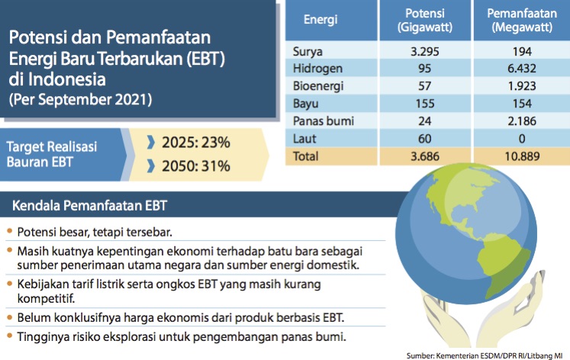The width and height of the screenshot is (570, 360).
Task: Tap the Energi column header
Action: click(x=321, y=21)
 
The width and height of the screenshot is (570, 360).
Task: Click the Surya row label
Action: click(x=308, y=52)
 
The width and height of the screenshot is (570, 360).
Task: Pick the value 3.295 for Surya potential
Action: click(x=426, y=52)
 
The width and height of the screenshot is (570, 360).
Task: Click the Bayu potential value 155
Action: click(x=426, y=104)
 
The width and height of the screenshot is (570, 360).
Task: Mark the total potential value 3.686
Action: click(x=426, y=156)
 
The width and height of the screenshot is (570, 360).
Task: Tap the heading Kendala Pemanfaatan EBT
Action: click(x=90, y=206)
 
